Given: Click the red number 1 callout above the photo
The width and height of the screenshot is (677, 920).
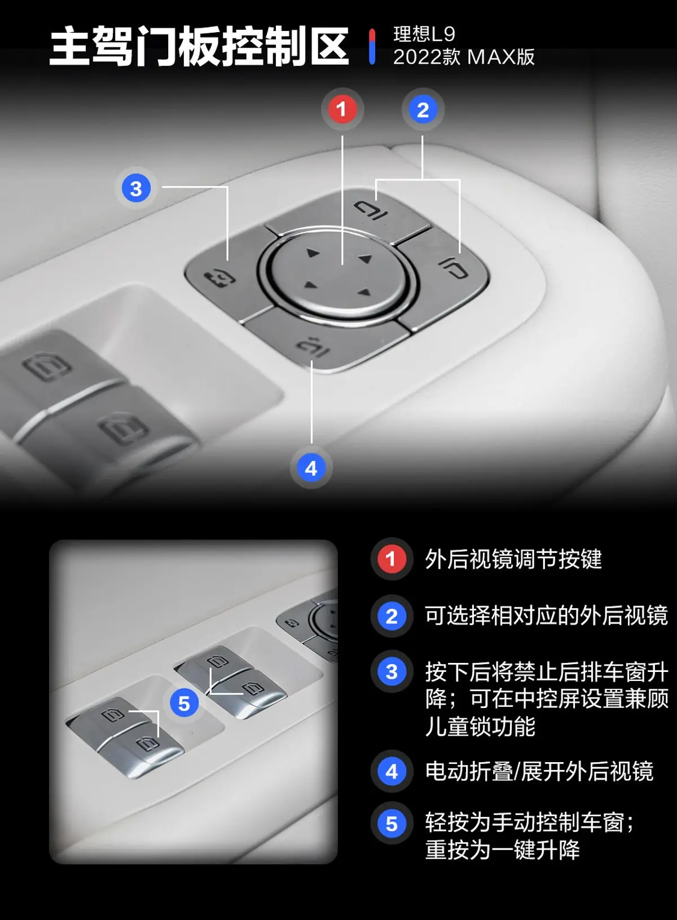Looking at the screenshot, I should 341,109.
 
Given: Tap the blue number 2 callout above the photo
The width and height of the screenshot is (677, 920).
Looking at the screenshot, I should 423,110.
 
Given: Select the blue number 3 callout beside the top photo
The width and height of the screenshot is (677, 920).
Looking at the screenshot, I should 136,188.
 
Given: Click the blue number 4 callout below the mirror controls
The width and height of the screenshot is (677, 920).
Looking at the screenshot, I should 311,468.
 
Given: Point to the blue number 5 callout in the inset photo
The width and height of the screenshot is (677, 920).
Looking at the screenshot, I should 184,704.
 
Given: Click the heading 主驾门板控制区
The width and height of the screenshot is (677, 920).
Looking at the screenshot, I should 199,46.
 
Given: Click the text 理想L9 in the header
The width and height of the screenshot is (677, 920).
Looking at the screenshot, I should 424,34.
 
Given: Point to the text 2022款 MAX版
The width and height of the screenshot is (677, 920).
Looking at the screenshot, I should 464,57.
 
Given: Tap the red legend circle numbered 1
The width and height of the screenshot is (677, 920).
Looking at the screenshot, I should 390,559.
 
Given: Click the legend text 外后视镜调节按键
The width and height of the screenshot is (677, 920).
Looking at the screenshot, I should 513,559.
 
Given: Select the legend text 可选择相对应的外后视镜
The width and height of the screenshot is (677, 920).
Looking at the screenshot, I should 546,616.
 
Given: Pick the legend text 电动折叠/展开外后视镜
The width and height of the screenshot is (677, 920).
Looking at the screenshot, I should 539,771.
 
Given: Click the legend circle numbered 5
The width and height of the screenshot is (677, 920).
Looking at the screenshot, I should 392,824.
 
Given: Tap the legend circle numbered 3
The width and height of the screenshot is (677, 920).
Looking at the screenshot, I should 392,672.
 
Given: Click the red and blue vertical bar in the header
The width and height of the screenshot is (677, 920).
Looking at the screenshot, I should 372,46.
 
